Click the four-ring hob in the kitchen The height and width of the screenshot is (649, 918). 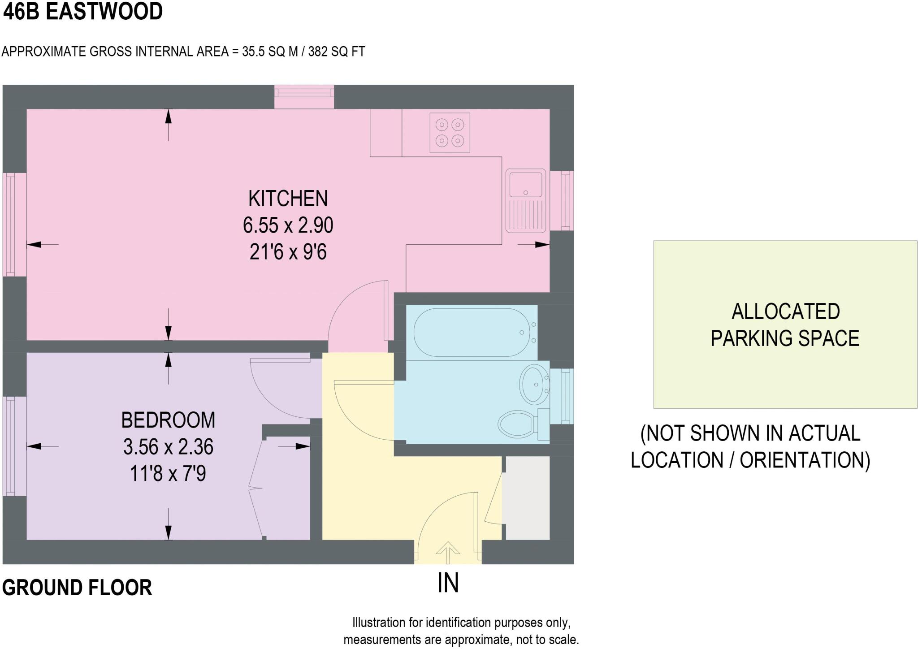coord(450,133)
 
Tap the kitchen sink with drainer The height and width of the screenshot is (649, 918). coord(525,201)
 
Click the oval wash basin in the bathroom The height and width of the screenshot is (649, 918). coord(533,384)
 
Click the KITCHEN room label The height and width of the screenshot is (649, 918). coord(288,199)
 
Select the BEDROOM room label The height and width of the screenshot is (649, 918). coord(168,420)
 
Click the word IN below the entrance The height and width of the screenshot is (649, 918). coord(448,583)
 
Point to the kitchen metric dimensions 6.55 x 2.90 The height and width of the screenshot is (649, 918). coord(288,225)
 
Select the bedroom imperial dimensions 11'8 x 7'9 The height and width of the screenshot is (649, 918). coord(168,474)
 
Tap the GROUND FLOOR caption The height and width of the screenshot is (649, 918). coord(77,588)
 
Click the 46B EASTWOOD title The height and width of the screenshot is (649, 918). coord(82,12)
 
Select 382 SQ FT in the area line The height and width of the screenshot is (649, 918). coord(336,52)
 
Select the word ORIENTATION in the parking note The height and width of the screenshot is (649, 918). coord(805,460)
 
